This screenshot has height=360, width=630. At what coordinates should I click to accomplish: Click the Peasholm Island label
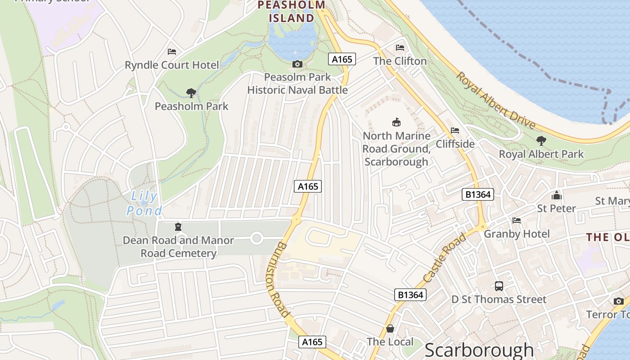click(291, 12)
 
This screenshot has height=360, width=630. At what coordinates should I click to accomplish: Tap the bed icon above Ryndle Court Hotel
click(172, 52)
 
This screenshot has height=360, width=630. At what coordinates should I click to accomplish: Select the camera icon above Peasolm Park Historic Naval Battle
click(297, 64)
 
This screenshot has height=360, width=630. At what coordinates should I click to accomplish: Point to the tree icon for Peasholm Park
click(191, 93)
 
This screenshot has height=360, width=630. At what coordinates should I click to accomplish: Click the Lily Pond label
click(144, 203)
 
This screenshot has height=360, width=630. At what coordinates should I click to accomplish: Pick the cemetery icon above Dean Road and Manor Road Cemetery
click(178, 226)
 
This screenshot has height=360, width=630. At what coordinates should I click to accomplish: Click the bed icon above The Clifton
click(400, 48)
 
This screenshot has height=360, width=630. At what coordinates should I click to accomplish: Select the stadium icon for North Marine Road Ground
click(396, 122)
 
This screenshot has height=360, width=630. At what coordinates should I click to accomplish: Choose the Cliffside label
click(455, 144)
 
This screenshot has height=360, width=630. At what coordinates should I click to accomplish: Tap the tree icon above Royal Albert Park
click(541, 141)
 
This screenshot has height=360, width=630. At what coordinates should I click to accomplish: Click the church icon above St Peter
click(557, 195)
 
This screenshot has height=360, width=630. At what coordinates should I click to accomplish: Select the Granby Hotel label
click(517, 234)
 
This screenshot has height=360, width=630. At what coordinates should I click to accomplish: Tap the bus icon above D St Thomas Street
click(499, 286)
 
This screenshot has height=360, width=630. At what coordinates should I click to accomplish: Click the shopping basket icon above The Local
click(390, 328)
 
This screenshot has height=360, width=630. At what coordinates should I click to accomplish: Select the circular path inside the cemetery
click(256, 238)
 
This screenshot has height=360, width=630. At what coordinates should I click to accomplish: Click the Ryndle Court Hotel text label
click(172, 65)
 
